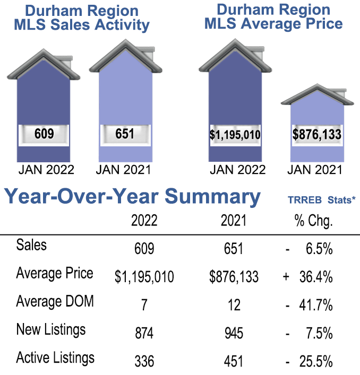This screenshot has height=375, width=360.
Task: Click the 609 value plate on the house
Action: point(44,134)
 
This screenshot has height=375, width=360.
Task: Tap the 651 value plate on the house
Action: point(125,134)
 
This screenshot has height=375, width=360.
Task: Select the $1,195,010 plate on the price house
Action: point(235,135)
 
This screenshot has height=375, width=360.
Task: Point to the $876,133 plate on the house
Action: point(317,135)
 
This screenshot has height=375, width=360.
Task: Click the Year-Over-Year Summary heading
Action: point(133,196)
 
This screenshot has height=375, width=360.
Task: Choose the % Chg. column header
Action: point(313,221)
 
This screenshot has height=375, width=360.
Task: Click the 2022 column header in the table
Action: point(144,221)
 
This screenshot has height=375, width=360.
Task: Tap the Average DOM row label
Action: point(55,302)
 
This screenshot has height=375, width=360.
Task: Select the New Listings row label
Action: point(50,330)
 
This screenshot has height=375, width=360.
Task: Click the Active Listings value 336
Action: point(144,362)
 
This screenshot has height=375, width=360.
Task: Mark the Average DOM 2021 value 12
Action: point(233,305)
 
